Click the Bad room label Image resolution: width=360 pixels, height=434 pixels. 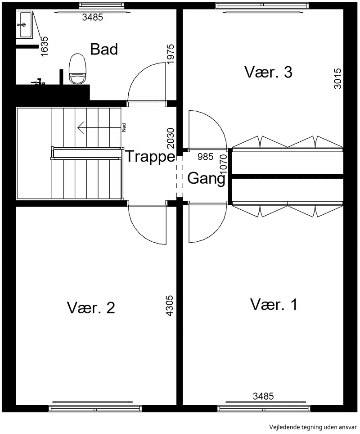[104, 49]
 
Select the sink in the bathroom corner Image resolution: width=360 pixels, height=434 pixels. [24, 24]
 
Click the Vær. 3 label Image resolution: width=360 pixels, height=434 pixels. [268, 72]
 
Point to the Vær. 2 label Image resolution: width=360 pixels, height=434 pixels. [91, 307]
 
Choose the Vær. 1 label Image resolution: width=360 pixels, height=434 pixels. [274, 304]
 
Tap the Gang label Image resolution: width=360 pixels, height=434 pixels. [206, 178]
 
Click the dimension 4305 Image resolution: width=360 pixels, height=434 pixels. [169, 306]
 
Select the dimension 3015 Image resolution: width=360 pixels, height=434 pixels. [337, 79]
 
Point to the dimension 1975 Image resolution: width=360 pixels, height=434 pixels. [171, 54]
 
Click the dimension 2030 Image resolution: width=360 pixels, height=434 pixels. [171, 138]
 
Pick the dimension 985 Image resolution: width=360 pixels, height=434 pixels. [205, 157]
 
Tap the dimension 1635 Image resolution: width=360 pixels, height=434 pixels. [44, 46]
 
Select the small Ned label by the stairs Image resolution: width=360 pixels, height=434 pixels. [124, 127]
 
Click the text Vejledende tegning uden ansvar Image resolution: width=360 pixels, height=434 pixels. [313, 427]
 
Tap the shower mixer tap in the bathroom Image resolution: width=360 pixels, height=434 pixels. [38, 81]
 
